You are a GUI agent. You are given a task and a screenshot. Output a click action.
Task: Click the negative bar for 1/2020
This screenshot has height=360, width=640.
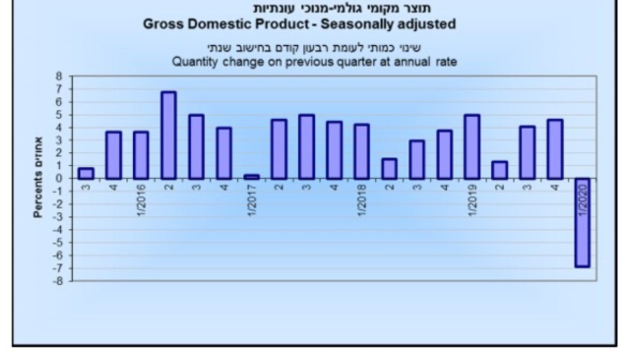click(582, 222)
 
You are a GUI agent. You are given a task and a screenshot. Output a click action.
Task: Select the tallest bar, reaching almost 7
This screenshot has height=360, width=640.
click(168, 135)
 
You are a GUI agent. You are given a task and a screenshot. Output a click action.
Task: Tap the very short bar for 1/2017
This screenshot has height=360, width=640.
click(251, 176)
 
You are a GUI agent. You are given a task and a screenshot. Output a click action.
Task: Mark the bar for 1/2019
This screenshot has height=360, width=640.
click(471, 146)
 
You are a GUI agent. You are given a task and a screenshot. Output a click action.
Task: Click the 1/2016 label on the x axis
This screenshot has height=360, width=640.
click(141, 200)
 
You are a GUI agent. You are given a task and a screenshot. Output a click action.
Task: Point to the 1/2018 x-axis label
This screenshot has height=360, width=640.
click(361, 200)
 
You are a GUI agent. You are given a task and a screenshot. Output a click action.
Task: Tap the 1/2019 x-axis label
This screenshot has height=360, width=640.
click(471, 200)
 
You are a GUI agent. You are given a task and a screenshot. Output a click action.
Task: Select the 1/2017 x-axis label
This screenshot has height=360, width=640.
click(251, 200)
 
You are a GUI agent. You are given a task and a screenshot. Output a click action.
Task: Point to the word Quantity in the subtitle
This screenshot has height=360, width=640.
click(194, 63)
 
